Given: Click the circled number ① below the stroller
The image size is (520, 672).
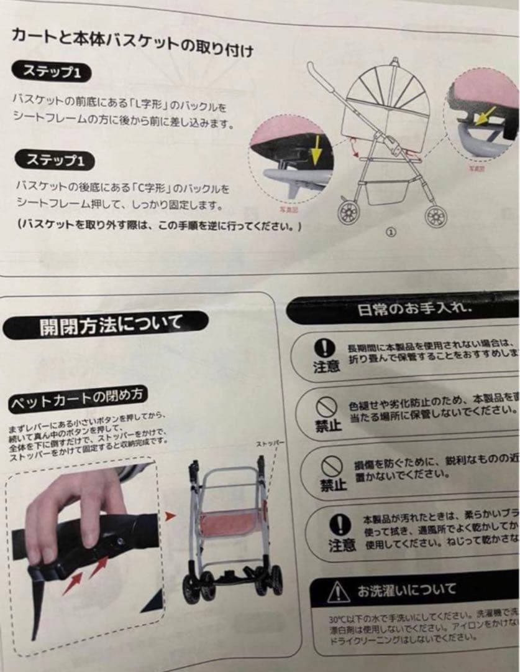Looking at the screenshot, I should click(x=391, y=231).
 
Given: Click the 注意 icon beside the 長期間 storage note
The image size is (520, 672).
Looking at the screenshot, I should click(x=324, y=355).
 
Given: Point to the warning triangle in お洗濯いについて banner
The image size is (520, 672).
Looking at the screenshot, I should click(x=339, y=589).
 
